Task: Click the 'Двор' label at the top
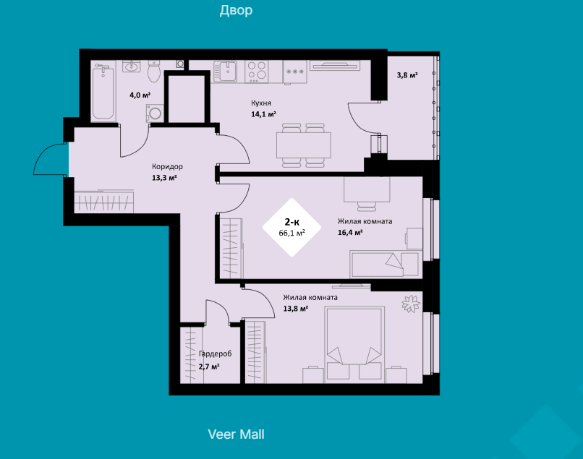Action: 236,10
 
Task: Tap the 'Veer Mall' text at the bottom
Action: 236,434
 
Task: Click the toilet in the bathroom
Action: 154,72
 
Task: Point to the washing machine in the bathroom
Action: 155,113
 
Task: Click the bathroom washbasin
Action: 132,67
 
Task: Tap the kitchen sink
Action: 226,72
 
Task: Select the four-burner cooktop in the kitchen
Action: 257,72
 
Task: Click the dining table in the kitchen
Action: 303,145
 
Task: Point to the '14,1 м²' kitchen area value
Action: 263,114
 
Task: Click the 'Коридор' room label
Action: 167,166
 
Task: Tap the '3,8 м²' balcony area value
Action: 407,75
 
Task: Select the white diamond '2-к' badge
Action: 292,227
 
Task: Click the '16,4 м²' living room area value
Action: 350,233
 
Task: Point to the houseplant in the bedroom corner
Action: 411,304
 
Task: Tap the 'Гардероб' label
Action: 215,353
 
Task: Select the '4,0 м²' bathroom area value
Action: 140,95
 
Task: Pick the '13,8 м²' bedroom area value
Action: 296,309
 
